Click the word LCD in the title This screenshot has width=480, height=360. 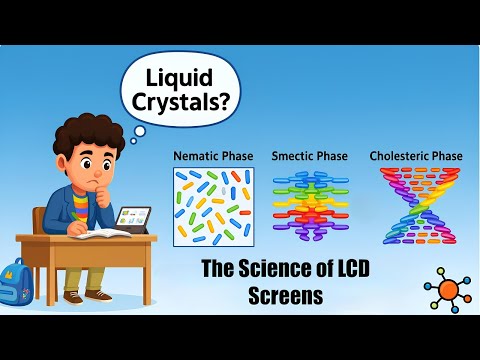[330, 268]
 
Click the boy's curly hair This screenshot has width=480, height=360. [75, 141]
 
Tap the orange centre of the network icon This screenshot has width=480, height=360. [449, 290]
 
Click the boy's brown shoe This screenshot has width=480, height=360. [98, 295]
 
